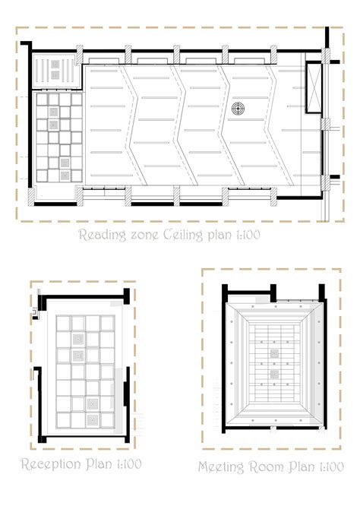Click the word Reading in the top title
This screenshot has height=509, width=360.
coord(103,235)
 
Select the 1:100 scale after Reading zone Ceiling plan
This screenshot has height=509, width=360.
coord(248,235)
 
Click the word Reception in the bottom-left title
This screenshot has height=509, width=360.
coord(52,464)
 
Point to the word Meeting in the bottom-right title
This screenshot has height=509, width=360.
coord(221,466)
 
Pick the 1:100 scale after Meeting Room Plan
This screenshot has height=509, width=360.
coord(331,466)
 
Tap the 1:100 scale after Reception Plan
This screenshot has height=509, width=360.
coord(129,464)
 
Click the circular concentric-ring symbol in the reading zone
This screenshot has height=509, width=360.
coord(238,109)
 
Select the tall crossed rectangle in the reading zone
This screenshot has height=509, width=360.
coord(314,87)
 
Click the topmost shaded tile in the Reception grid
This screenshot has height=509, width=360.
coord(78,340)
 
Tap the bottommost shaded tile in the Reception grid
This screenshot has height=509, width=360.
coord(93,420)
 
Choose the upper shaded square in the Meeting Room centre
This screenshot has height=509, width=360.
coord(274,353)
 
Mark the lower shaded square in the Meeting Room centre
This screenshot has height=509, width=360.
coord(274,375)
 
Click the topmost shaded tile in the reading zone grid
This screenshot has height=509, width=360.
coord(54,112)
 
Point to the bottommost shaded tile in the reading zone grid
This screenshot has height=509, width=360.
coord(65,175)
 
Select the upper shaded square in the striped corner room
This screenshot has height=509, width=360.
coord(55,65)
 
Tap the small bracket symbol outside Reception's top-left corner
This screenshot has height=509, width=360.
coord(35,312)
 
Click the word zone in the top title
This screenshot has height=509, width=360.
coord(144,235)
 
